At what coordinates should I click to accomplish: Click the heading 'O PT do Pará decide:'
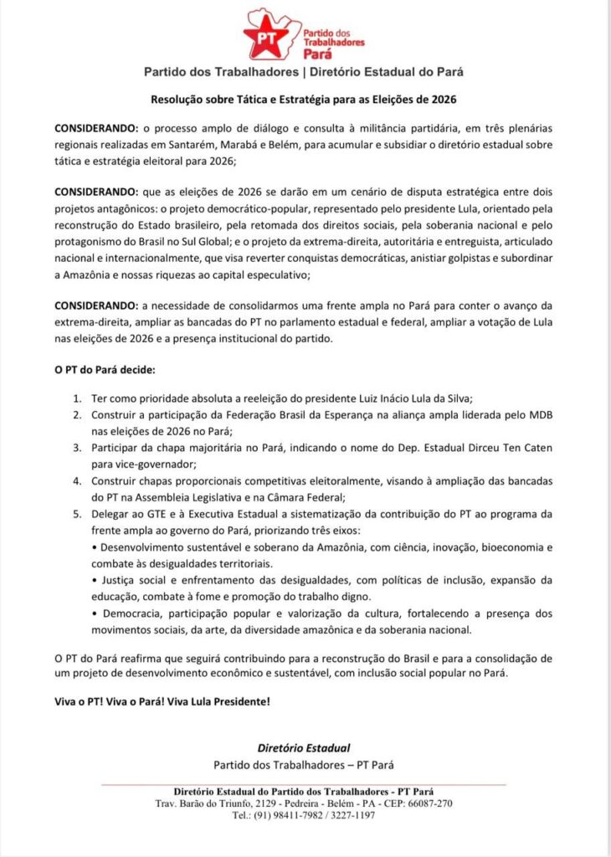point(104,369)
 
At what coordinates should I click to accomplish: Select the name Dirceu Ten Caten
point(481,447)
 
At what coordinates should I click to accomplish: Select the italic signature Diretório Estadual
point(304,747)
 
